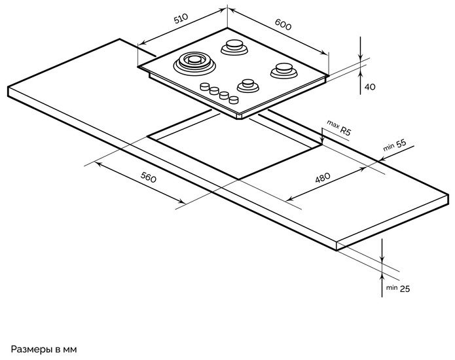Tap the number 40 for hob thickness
tap(369, 87)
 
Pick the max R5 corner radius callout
tap(340, 128)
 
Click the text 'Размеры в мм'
tap(44, 349)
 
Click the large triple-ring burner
tap(194, 63)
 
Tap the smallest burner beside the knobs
tap(247, 84)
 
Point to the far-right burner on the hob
tap(282, 67)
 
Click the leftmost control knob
tap(205, 87)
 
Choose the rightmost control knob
tap(232, 99)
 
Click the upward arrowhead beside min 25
tap(383, 274)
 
